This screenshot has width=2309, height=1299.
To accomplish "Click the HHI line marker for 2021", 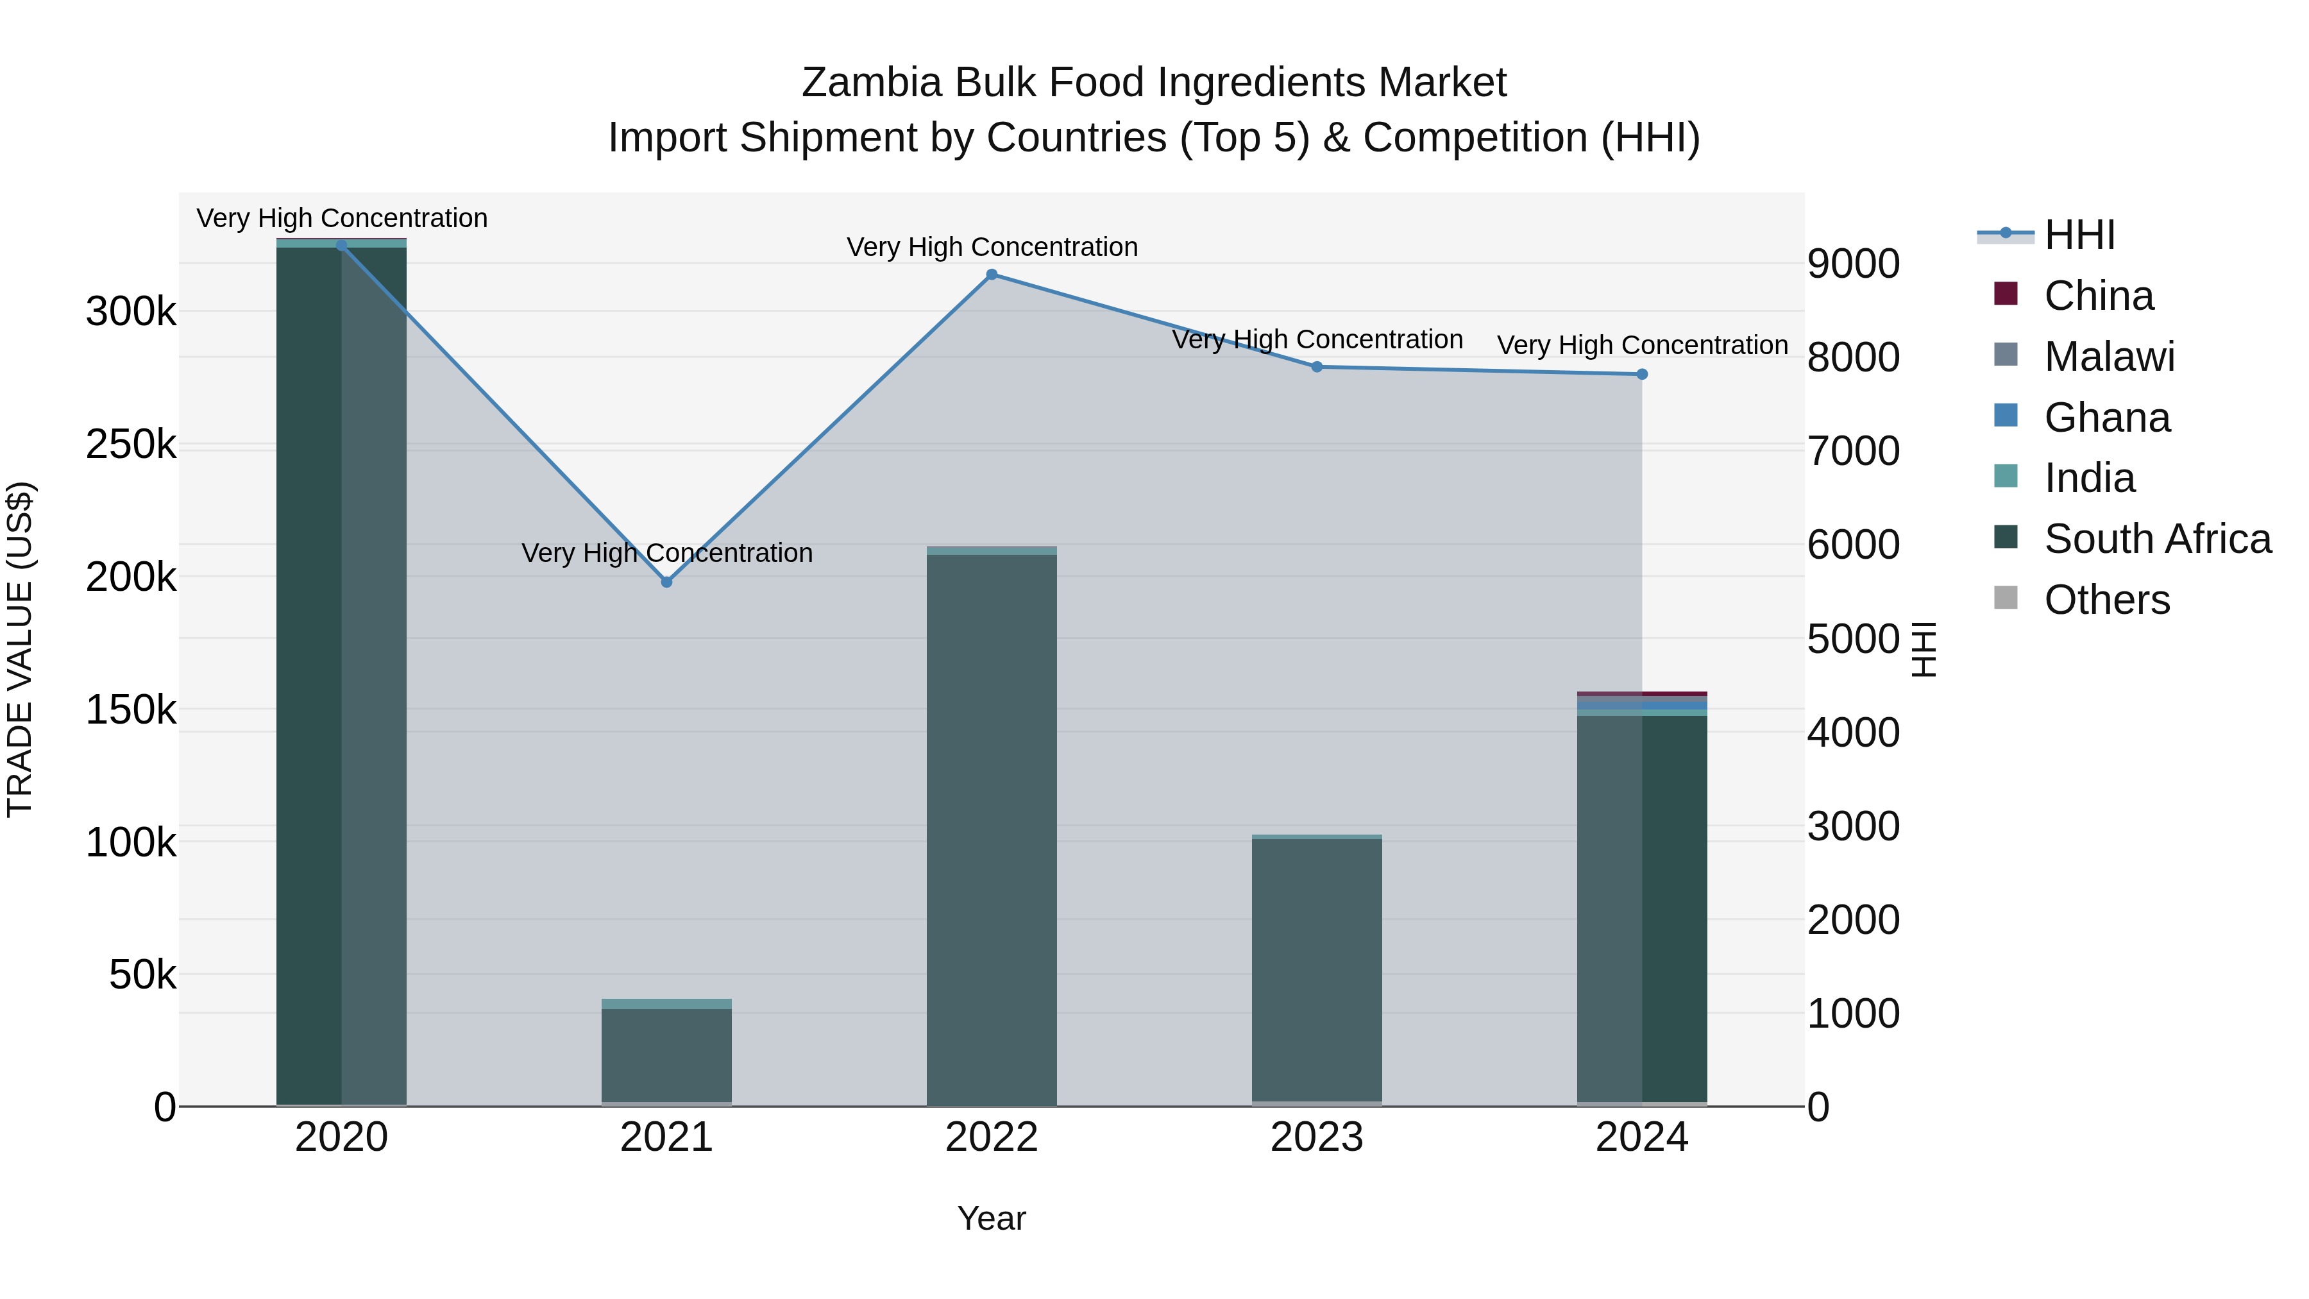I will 666,582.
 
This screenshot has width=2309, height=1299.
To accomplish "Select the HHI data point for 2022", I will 992,275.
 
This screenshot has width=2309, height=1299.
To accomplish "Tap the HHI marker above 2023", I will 1317,367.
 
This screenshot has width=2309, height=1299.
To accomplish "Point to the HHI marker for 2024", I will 1642,374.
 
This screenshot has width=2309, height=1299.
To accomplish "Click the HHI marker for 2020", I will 341,245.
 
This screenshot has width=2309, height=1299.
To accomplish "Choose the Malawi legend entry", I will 2109,357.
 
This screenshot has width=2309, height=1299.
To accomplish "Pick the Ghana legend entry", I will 2106,418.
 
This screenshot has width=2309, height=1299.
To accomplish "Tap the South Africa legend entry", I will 2156,539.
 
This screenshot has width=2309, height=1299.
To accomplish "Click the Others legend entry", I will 2106,600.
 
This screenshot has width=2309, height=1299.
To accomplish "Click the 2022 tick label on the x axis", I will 992,1137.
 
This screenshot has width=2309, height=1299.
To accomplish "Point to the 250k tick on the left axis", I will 131,445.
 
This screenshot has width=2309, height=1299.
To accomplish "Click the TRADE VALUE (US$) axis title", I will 21,649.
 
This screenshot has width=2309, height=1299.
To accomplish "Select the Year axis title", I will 992,1218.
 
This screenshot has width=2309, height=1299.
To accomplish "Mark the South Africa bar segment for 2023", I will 1317,968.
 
